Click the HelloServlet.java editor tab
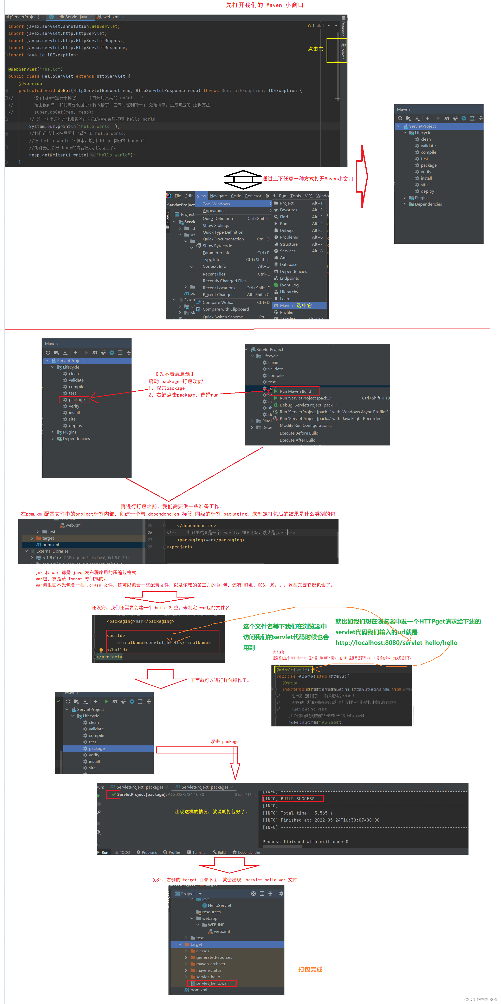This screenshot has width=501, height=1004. click(x=70, y=17)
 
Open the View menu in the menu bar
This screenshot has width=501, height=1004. click(x=201, y=196)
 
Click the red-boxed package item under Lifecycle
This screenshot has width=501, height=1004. click(x=76, y=399)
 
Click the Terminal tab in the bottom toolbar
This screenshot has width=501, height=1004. click(x=199, y=852)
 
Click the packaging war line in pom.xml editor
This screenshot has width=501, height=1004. click(x=211, y=540)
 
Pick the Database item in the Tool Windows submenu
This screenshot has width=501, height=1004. click(x=289, y=265)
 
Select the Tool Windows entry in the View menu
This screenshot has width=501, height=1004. click(x=216, y=204)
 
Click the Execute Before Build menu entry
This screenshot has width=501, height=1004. click(x=299, y=433)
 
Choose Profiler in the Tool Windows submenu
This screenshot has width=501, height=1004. click(x=287, y=312)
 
